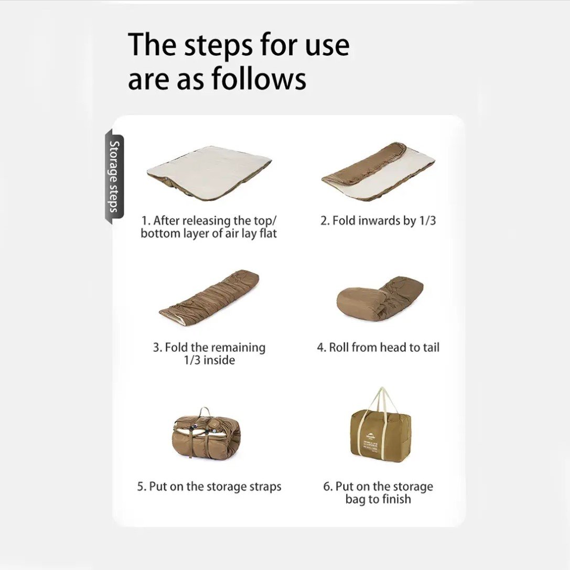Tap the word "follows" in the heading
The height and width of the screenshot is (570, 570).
point(259,79)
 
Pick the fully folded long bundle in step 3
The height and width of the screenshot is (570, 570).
point(209,299)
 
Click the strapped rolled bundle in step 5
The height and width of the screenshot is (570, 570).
point(206,436)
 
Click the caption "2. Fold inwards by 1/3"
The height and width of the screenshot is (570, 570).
point(378,220)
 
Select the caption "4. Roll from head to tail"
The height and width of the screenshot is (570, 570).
point(378,347)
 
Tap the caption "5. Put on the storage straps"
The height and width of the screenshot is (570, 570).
point(209,487)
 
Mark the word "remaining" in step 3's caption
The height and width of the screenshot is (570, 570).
point(239,348)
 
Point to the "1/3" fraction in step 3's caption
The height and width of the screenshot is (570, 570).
point(192,360)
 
